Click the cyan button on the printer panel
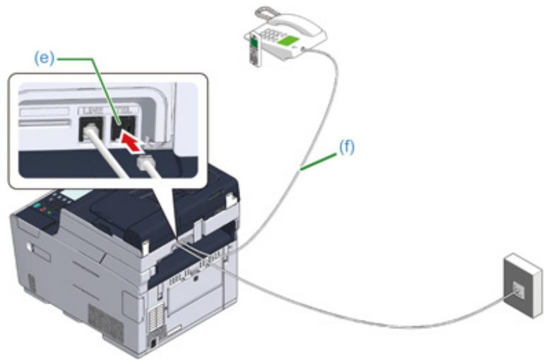coord(37,206)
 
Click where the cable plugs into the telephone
coord(303,49)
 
